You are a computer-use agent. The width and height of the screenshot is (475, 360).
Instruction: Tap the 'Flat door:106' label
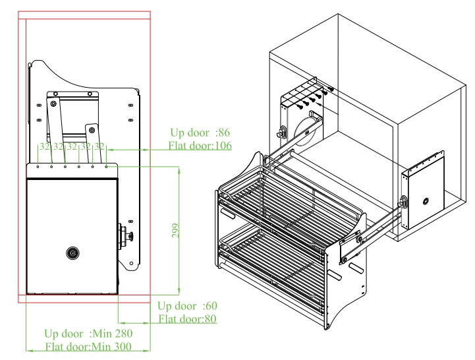tap(199, 145)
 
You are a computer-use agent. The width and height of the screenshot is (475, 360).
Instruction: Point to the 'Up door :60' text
tap(187, 306)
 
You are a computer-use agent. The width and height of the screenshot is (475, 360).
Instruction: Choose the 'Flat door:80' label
tap(188, 319)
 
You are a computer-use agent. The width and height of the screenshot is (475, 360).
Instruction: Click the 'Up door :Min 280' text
tap(88, 334)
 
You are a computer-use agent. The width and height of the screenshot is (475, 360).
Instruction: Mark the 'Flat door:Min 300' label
tap(88, 347)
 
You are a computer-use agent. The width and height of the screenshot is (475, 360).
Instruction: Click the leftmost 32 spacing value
tap(45, 146)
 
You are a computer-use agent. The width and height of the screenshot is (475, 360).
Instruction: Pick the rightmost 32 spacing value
tap(99, 146)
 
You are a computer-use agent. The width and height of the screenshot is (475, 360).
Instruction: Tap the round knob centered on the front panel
tap(71, 252)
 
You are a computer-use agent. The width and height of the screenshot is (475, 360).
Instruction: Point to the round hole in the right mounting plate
tap(426, 200)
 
